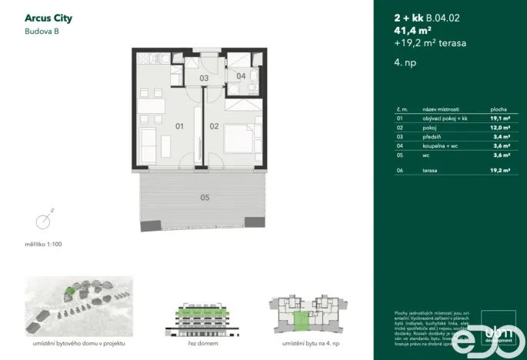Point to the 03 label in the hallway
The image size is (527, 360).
point(204,78)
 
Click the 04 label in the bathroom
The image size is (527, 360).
point(240,75)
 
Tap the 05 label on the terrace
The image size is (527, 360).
point(205,198)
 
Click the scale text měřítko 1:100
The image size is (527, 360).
point(44,244)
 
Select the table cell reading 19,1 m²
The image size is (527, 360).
point(500,119)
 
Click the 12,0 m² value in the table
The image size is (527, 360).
point(500,128)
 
